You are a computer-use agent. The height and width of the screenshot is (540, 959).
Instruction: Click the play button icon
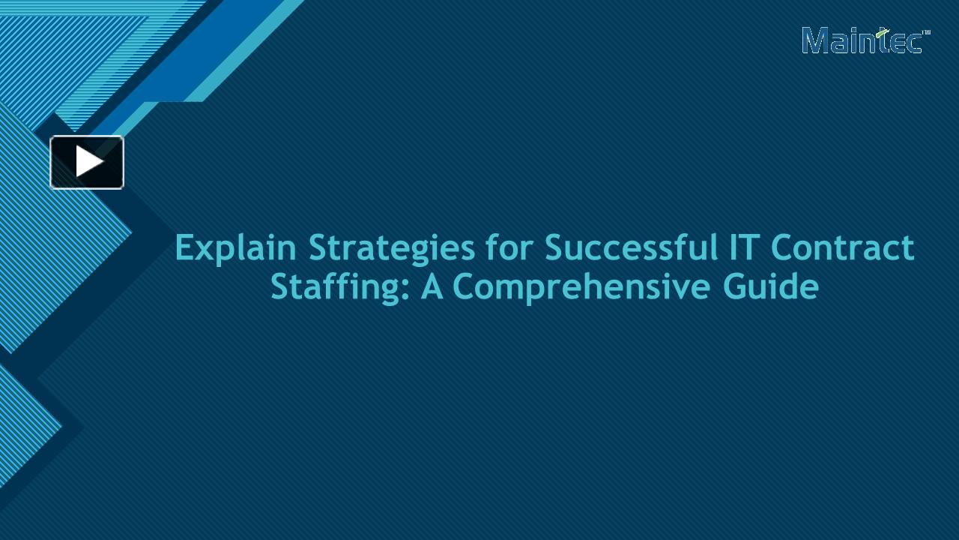pos(87,162)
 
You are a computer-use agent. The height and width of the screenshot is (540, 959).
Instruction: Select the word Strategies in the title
pos(391,249)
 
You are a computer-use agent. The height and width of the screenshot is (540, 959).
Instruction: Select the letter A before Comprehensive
pos(432,286)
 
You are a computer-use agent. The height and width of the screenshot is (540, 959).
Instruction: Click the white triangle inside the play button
pos(89,162)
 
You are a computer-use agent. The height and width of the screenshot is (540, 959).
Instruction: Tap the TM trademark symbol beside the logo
pos(926,32)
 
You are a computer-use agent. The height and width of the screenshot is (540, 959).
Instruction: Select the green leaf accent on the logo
pos(885,32)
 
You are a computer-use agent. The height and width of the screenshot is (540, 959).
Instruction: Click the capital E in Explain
pos(184,247)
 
